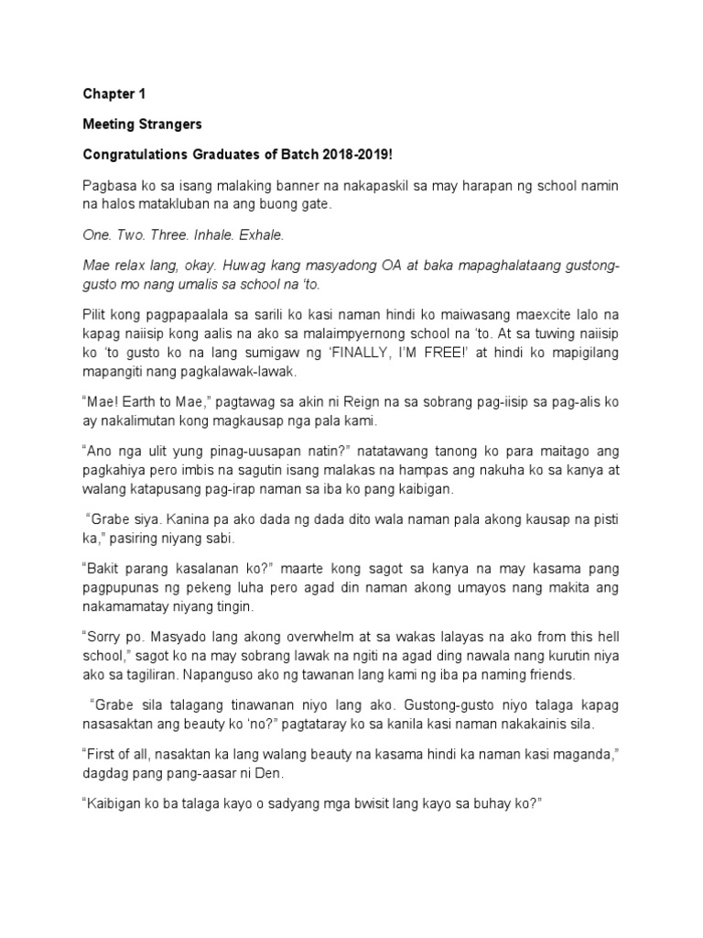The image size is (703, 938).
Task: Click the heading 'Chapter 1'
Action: pyautogui.click(x=114, y=94)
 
